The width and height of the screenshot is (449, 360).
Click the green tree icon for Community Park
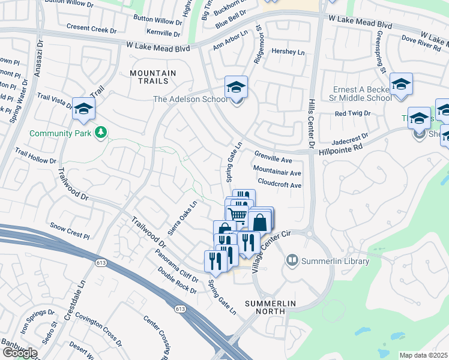101,132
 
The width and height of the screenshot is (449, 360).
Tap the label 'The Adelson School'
189,100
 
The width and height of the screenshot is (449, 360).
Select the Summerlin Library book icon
292,260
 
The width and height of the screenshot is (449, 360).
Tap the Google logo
20,353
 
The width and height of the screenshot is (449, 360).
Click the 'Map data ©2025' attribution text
424,355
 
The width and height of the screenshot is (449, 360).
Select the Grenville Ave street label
273,161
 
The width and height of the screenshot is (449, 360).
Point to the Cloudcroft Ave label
279,185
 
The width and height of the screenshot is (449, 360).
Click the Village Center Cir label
268,251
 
